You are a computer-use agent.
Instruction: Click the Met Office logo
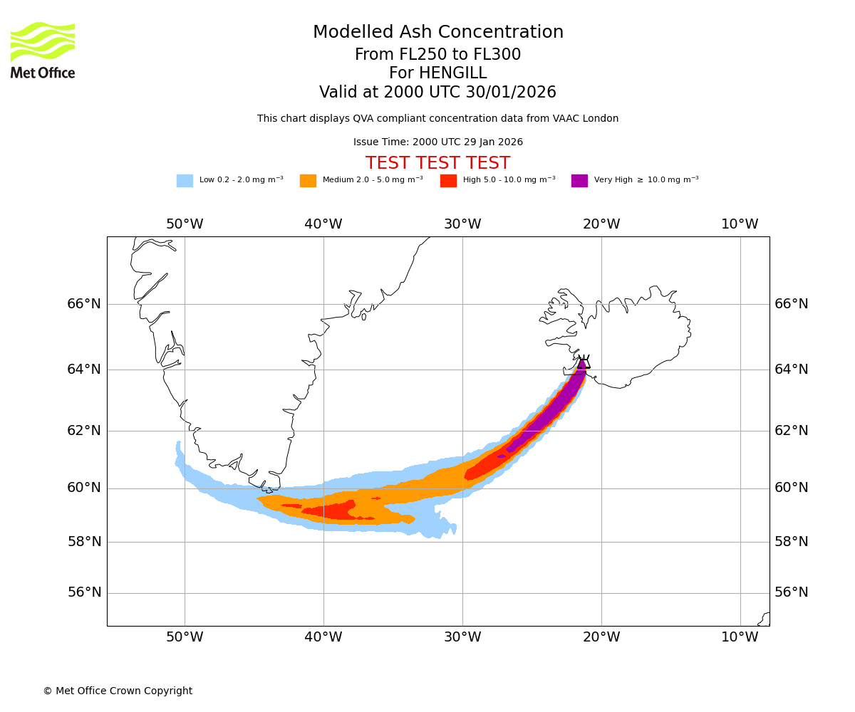click(x=43, y=50)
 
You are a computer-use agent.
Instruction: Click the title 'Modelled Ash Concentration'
click(x=437, y=33)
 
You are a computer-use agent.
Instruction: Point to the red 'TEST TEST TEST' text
click(x=437, y=163)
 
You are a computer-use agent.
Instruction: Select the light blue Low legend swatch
click(x=185, y=180)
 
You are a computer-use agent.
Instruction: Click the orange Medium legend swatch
click(x=308, y=180)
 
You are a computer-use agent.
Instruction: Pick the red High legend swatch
click(x=448, y=180)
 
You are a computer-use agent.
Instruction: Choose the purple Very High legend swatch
click(x=579, y=180)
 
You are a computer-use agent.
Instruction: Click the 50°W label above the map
click(x=185, y=224)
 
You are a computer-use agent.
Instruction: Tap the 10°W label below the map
click(x=740, y=637)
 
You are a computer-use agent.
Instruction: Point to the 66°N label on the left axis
click(x=84, y=304)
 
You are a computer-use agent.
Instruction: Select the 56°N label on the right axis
click(x=792, y=592)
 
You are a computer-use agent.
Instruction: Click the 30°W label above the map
click(x=462, y=224)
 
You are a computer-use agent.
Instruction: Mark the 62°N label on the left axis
click(x=84, y=431)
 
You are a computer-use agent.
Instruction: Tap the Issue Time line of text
click(x=437, y=142)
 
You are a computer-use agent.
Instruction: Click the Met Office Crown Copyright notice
click(x=118, y=691)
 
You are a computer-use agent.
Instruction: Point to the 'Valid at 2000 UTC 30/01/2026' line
click(x=437, y=93)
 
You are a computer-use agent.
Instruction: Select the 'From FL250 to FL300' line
click(x=437, y=55)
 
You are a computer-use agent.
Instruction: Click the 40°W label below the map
click(x=323, y=637)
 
